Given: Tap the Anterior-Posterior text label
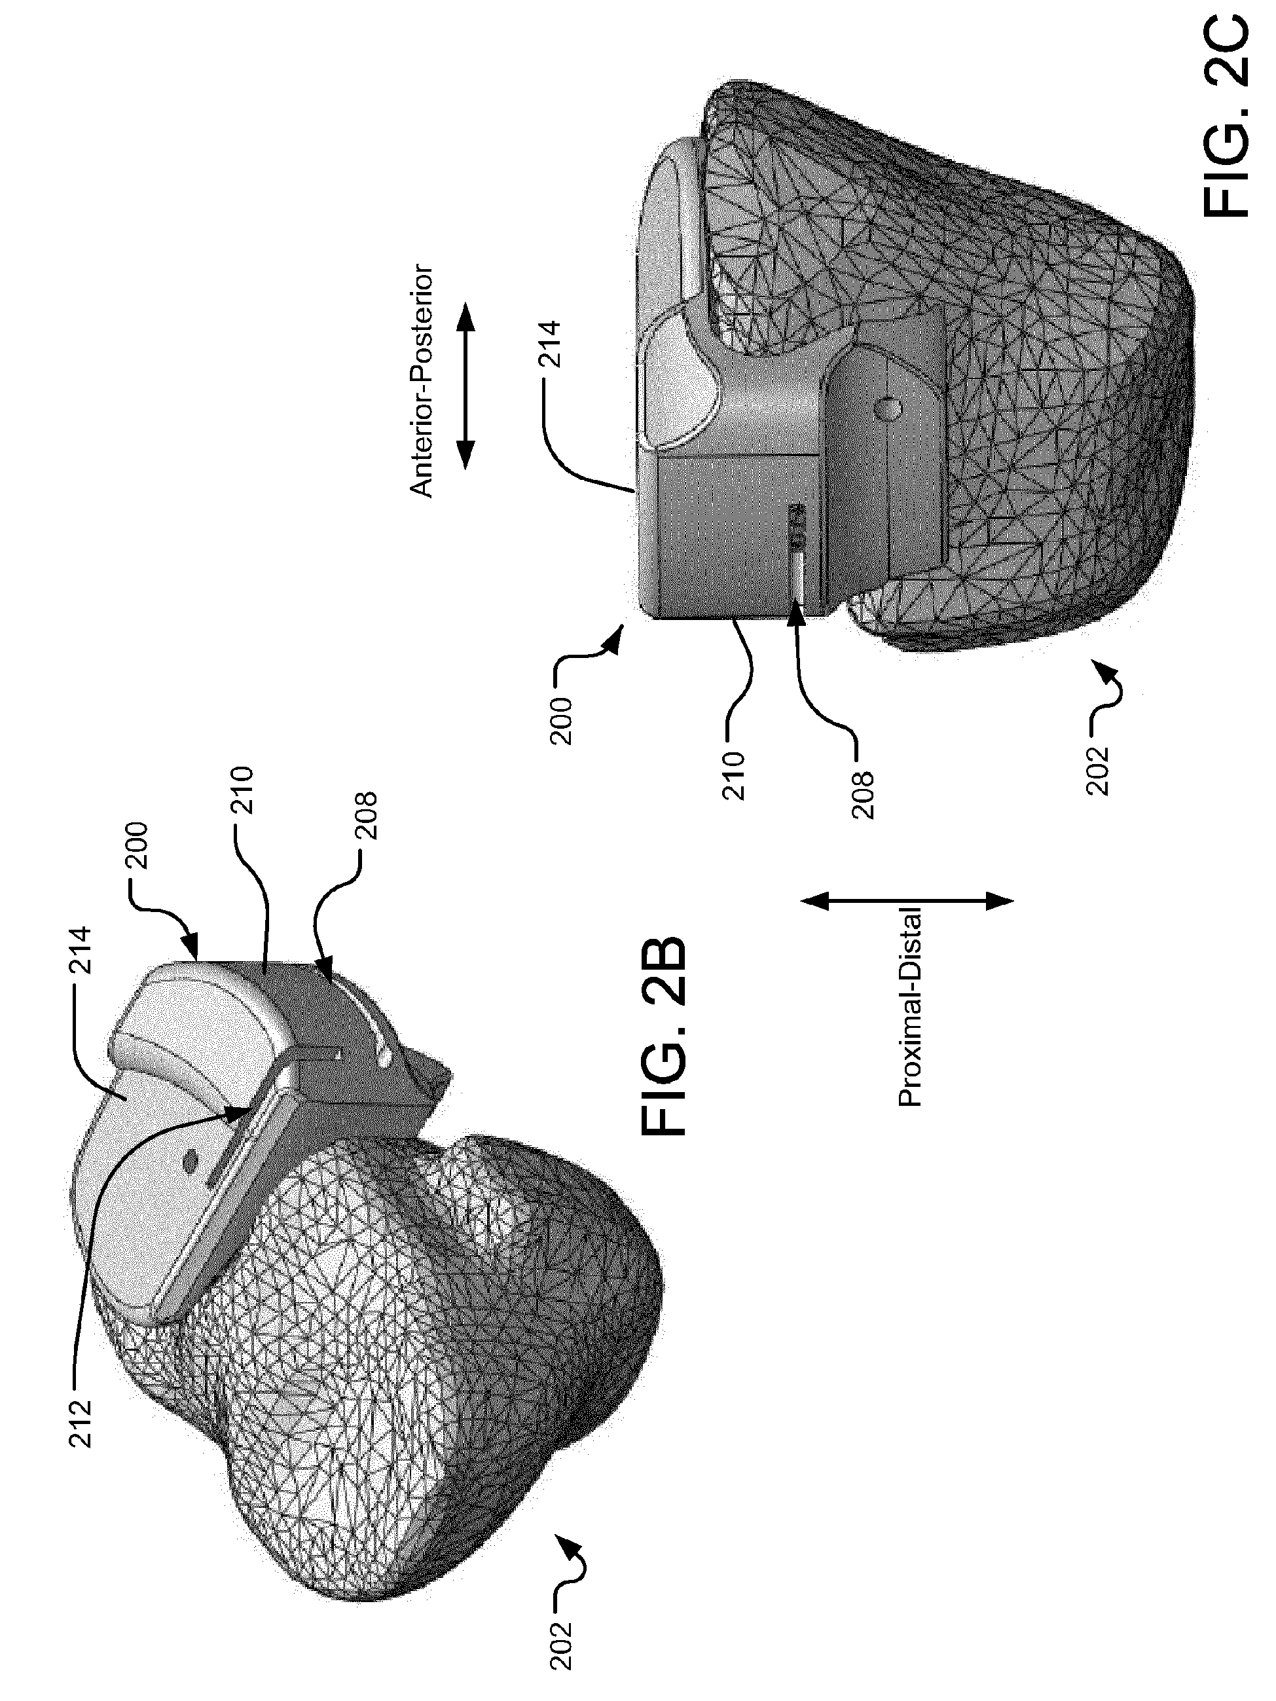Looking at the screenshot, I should click(422, 382).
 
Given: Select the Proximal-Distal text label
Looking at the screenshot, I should click(910, 1008).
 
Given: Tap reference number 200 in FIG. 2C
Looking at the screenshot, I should click(562, 721).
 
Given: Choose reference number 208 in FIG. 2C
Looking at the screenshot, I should click(863, 795).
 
